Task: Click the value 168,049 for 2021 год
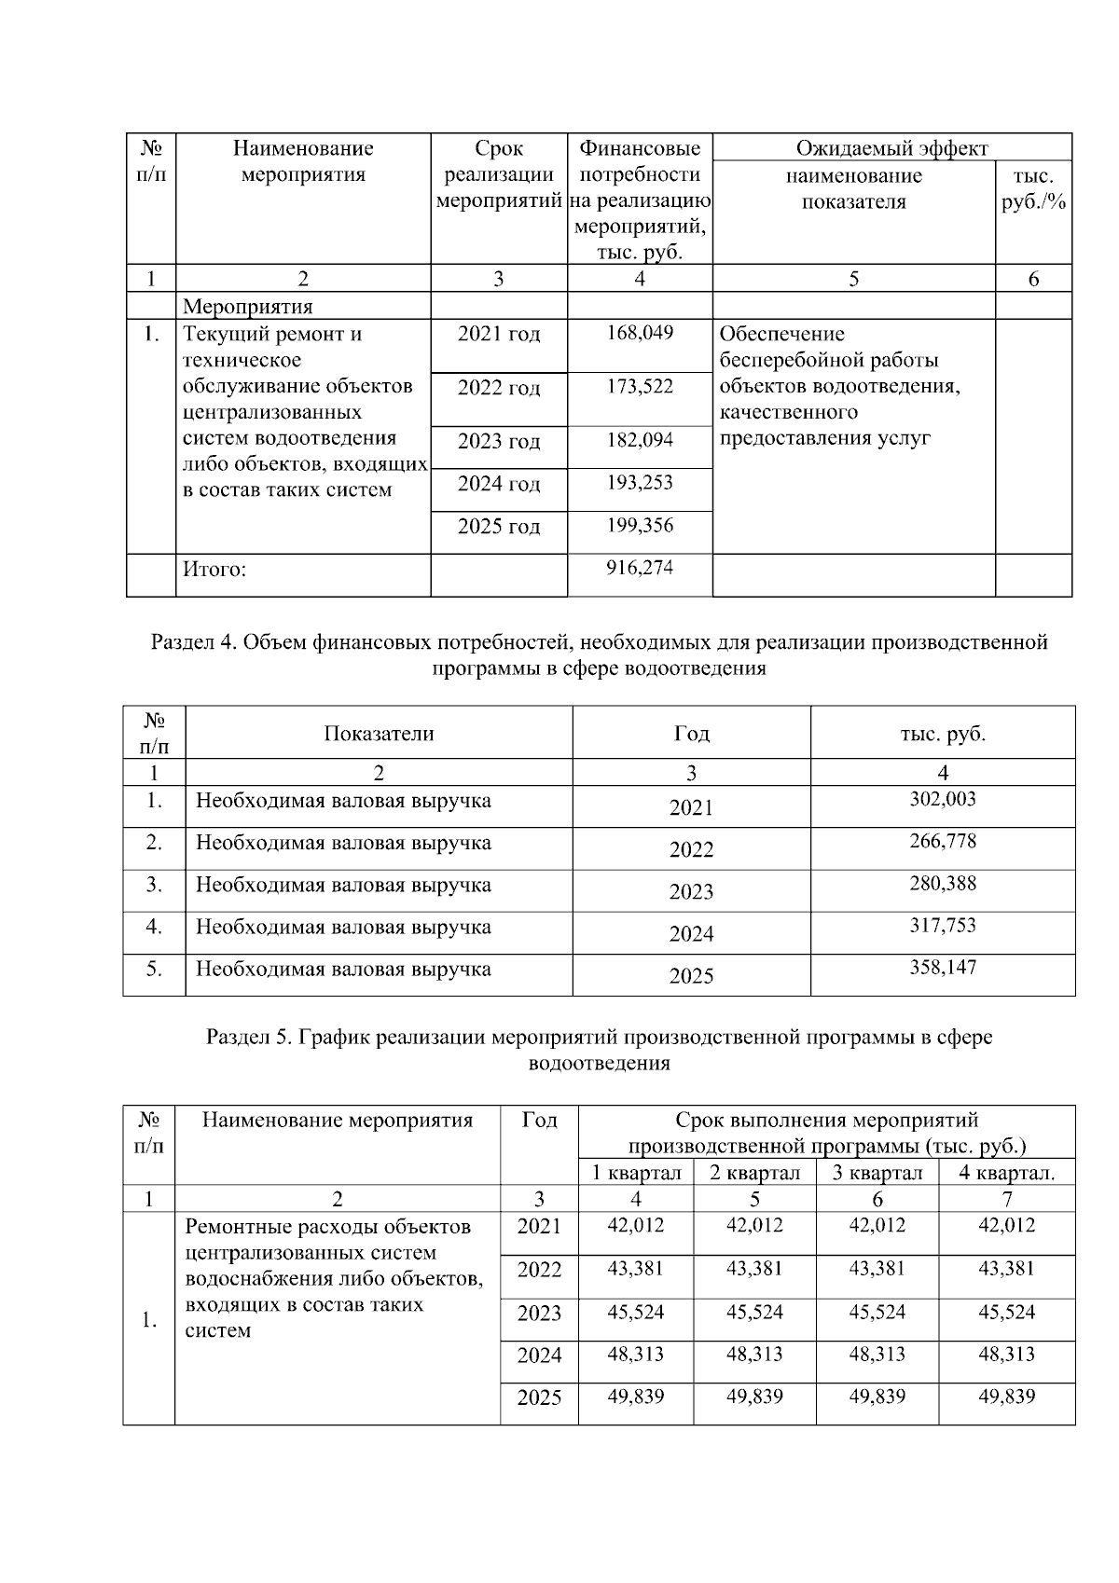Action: [640, 333]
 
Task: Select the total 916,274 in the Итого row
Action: [640, 568]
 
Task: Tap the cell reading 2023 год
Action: [499, 441]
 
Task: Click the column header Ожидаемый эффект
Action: [891, 148]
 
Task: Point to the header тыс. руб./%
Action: [1033, 189]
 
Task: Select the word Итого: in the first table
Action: [214, 570]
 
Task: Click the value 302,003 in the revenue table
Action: [943, 799]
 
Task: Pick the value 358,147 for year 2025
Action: [943, 968]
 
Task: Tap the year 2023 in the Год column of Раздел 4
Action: [691, 892]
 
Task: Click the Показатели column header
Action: [379, 734]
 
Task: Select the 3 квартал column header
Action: [877, 1173]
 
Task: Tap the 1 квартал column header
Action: [636, 1173]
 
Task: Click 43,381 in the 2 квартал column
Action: [754, 1269]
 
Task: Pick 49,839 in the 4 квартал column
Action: [1006, 1397]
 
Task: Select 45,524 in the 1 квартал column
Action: [636, 1312]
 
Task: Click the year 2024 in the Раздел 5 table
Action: [539, 1356]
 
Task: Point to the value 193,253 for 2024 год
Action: [640, 483]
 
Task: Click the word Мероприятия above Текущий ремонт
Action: [248, 307]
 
